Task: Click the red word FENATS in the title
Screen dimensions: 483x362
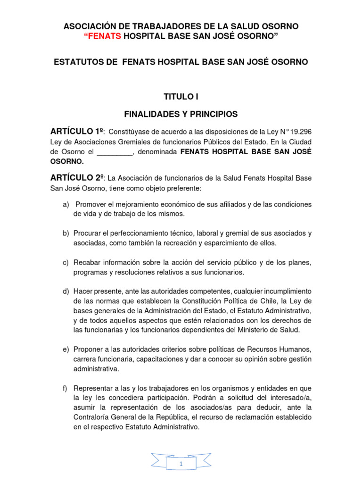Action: point(105,37)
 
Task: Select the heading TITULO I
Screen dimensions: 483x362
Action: point(181,97)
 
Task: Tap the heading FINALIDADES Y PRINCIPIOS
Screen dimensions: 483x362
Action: point(181,114)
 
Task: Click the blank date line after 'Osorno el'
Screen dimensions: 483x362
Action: point(115,152)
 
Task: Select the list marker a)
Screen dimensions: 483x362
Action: point(66,204)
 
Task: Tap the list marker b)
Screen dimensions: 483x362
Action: point(66,233)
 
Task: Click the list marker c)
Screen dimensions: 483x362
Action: point(66,262)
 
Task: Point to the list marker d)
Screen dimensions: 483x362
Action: point(66,291)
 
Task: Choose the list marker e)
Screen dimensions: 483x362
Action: point(66,349)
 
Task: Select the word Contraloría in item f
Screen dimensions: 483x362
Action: point(92,417)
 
